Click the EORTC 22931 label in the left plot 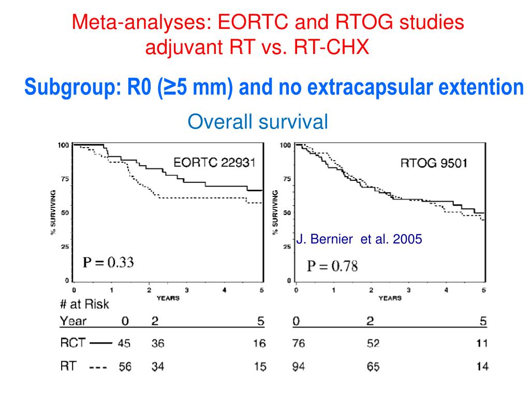214,162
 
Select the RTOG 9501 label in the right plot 434,163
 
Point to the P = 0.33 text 109,262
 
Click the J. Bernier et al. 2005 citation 360,239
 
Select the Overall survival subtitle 258,122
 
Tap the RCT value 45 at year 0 125,343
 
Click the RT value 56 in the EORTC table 125,367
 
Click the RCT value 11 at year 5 482,343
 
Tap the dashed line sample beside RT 98,367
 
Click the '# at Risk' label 84,304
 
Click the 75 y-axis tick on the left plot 65,179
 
